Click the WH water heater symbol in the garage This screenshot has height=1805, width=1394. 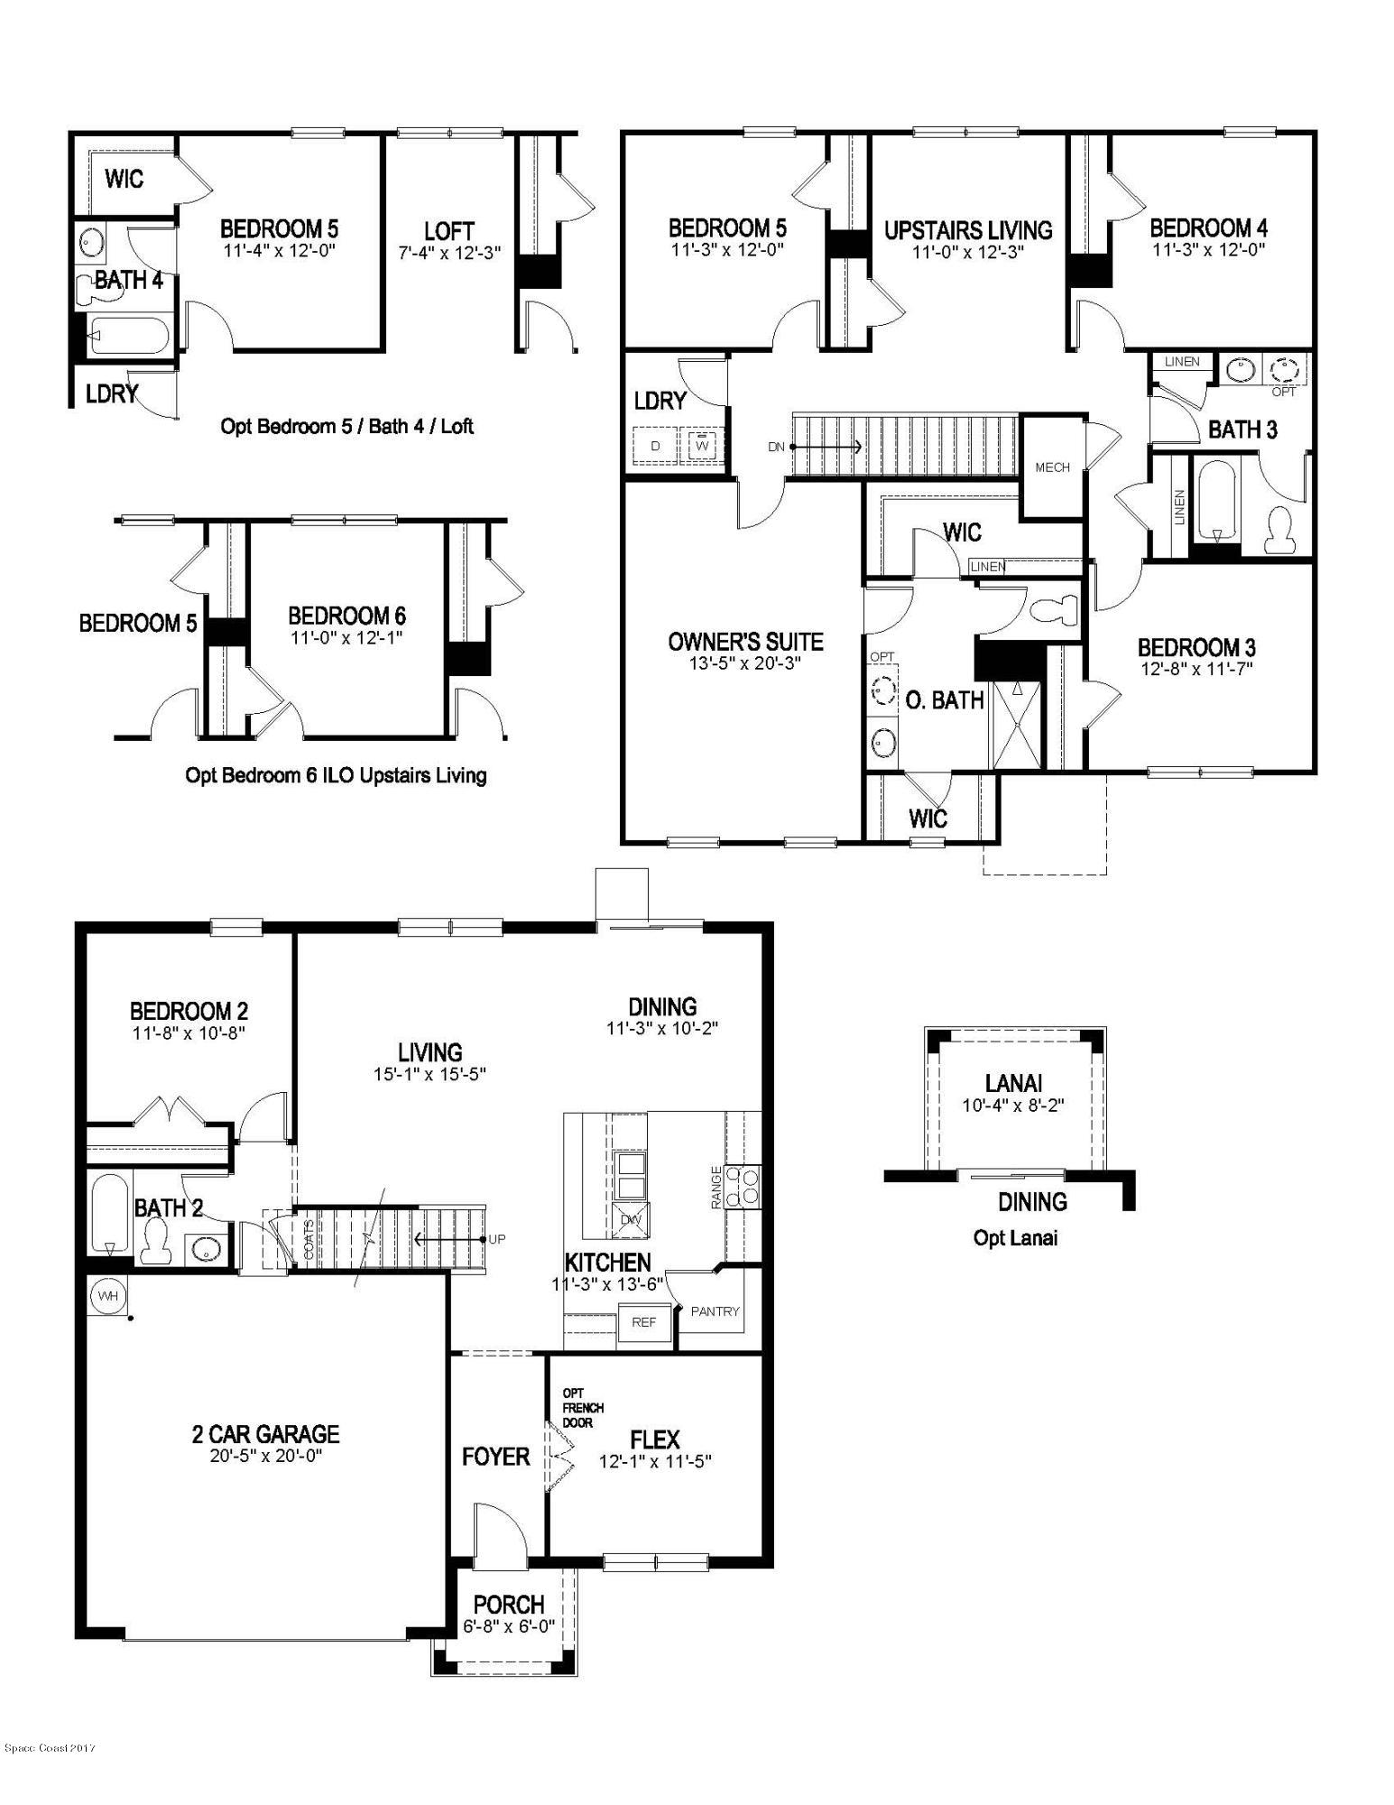[108, 1296]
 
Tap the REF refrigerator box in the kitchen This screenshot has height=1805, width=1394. [643, 1322]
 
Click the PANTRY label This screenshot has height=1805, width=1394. [715, 1311]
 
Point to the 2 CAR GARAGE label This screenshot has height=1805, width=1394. [265, 1434]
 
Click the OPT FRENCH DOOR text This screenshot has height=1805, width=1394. [582, 1408]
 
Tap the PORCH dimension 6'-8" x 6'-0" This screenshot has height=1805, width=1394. [509, 1626]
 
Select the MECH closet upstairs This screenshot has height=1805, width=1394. [1052, 467]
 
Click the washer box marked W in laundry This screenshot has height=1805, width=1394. [702, 446]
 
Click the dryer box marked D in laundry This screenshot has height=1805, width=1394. [656, 446]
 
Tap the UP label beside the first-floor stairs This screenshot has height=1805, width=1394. [497, 1239]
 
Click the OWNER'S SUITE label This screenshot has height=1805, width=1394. [745, 642]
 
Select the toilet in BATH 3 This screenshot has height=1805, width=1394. [1279, 531]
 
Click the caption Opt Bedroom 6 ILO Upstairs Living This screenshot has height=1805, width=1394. [336, 775]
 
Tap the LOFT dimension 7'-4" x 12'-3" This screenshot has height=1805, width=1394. [448, 253]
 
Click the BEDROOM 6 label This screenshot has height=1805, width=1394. [346, 616]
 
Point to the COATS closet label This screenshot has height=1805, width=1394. [309, 1238]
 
